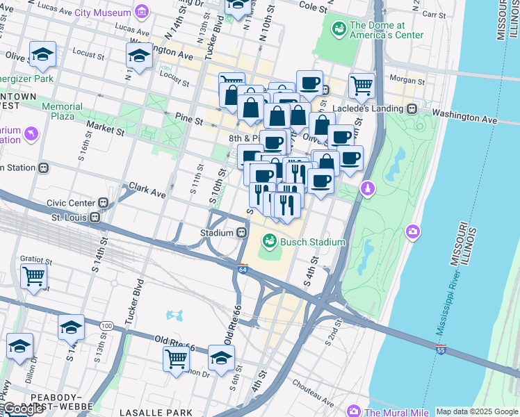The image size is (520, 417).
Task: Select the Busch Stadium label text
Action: point(312,242)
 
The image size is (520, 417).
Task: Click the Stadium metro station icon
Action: point(242,233)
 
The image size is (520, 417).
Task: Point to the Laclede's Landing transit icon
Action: point(412,108)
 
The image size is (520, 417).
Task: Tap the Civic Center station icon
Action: point(103,203)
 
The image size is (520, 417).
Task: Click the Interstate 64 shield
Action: point(242,269)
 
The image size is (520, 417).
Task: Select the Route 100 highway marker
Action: point(106,325)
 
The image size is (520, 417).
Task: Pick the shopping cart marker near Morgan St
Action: point(361,86)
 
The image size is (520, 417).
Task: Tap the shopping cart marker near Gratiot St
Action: point(33,276)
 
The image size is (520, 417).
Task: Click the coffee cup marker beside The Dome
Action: point(309,83)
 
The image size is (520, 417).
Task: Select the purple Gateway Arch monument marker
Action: point(368,188)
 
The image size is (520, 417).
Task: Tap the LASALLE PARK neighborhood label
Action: point(156,412)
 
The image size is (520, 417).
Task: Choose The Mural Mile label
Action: point(394,411)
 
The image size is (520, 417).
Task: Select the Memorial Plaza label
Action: point(61,111)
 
